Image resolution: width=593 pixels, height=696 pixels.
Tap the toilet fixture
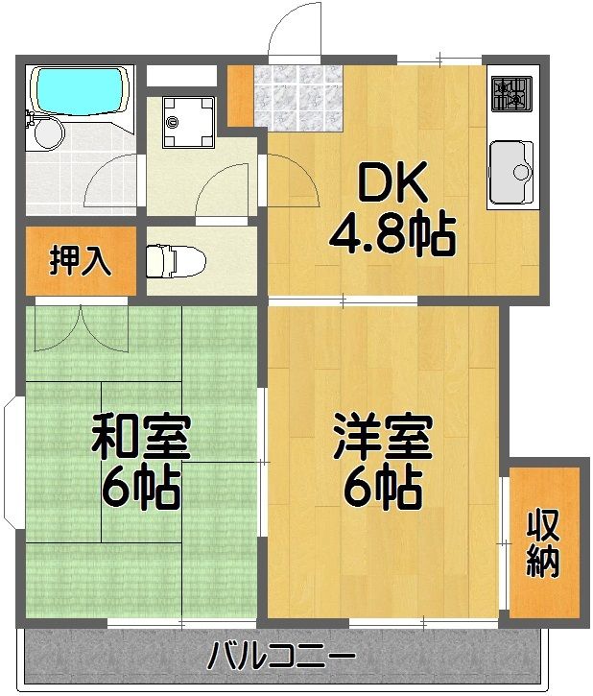pos(177,259)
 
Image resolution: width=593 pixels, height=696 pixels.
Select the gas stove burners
pos(510,93)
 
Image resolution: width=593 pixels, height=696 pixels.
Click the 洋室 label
pos(383,437)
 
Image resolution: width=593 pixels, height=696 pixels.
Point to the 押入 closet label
pos(80,261)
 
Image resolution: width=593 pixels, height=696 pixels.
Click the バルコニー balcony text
pos(282,659)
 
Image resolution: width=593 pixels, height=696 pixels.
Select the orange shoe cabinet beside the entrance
pos(239,93)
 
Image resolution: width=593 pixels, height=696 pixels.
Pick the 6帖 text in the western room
pos(383,489)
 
